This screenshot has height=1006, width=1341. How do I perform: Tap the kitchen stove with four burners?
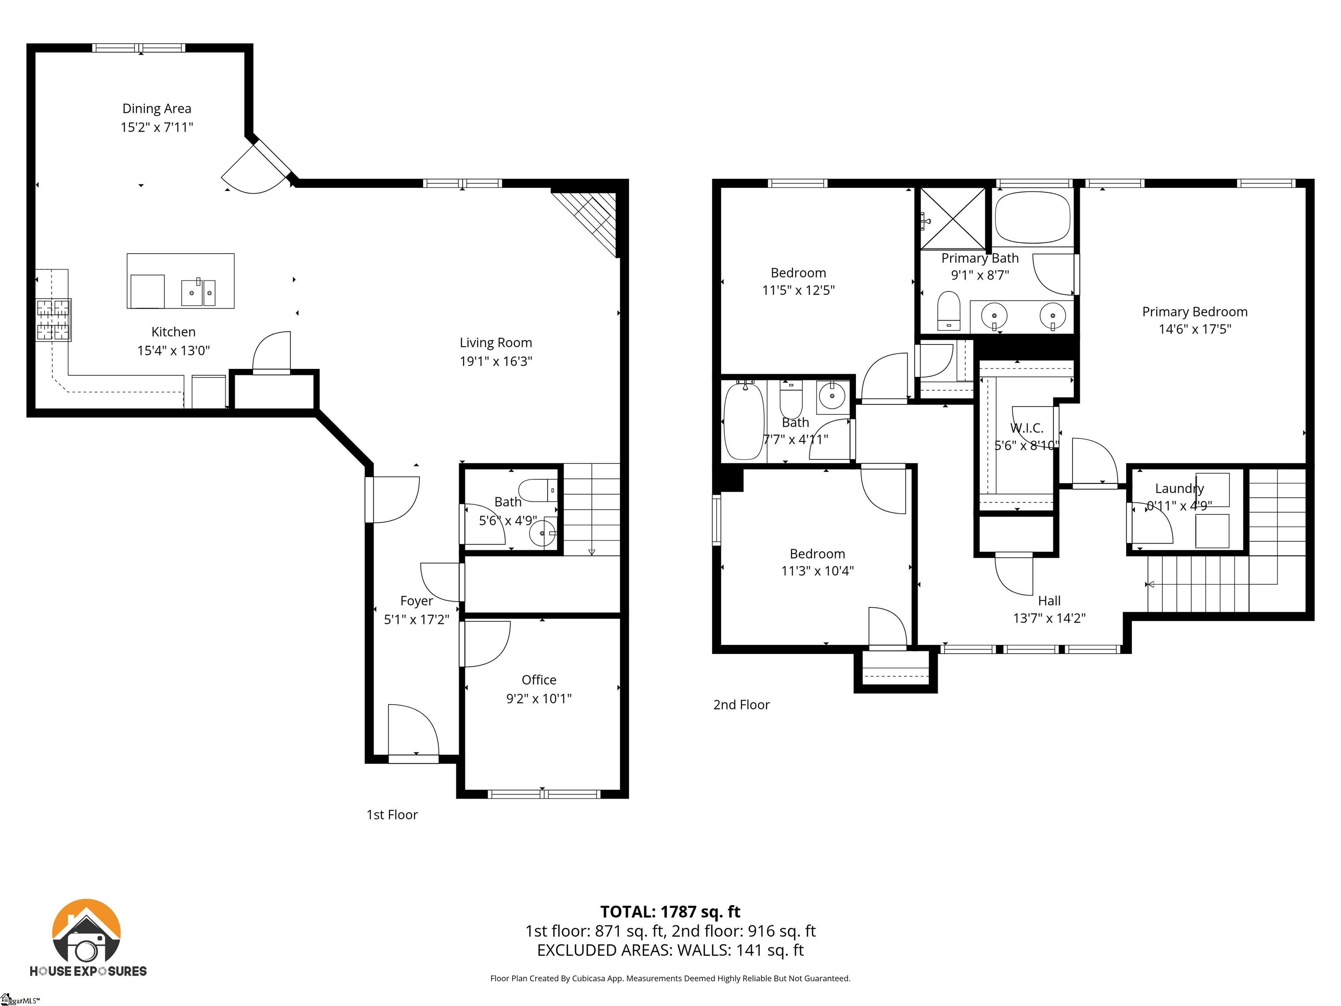53,320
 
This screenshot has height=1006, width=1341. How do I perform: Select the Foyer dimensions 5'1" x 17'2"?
416,619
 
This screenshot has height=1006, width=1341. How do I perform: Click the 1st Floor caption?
392,814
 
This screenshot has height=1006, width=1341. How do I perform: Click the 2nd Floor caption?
741,705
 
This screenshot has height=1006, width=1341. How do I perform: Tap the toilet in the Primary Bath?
948,310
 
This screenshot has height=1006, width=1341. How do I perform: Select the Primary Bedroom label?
1194,312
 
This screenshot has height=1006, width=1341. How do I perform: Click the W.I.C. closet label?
1026,428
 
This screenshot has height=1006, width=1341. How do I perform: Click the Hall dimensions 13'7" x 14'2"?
1049,618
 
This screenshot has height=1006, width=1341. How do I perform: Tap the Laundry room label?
1179,488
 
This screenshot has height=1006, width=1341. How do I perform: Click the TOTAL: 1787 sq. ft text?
670,911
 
